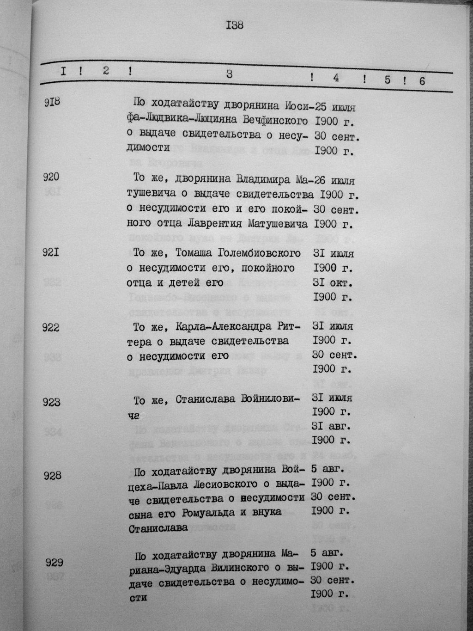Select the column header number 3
(229, 74)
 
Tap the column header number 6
(422, 81)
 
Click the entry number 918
(52, 103)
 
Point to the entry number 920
(51, 177)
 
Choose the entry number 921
(51, 253)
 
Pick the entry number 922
(51, 328)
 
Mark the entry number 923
(51, 402)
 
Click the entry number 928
(52, 476)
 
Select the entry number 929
(54, 563)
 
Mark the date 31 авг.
(333, 425)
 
